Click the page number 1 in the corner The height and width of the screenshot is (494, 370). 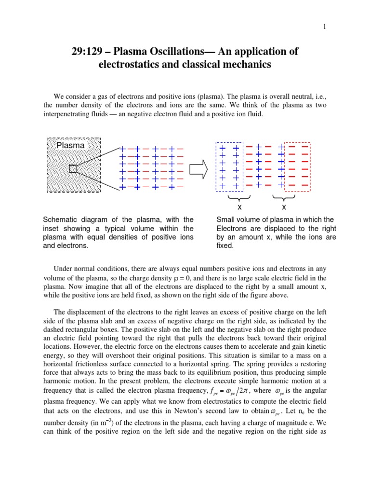[x=325, y=27]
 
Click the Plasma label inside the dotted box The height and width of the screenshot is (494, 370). [x=70, y=145]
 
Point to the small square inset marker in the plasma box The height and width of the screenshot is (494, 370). [x=73, y=168]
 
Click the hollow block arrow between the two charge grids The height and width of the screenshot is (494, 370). [x=199, y=168]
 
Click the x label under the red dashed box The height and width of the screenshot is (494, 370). [x=284, y=207]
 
